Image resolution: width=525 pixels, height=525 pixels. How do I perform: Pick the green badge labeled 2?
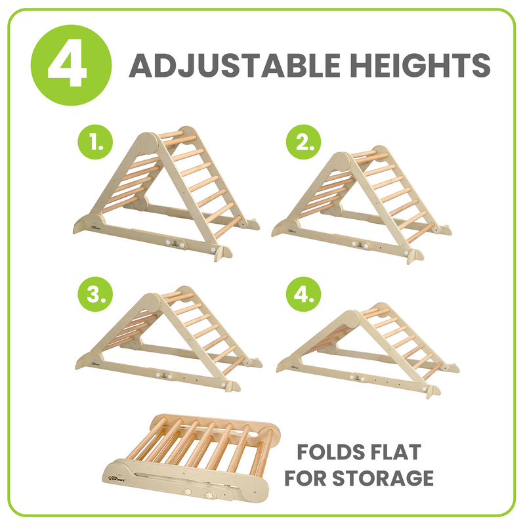pyautogui.click(x=304, y=142)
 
